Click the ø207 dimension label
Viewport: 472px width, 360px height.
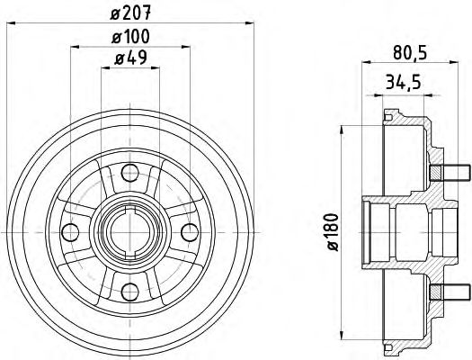130,13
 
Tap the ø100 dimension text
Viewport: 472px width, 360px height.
130,37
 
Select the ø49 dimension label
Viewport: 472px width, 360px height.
130,58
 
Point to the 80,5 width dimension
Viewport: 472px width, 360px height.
410,53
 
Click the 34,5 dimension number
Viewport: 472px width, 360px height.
403,83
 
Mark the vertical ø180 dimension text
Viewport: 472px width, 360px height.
333,232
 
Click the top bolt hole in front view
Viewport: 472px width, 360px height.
130,173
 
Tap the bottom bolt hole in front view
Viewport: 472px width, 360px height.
130,292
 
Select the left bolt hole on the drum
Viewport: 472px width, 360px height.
70,232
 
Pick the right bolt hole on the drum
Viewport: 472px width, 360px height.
190,232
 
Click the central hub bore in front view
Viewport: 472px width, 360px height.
130,232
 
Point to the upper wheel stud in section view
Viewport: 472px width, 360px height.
450,173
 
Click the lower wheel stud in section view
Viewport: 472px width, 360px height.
450,292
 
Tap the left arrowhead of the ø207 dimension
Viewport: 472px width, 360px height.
11,23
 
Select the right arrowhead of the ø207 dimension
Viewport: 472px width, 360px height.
250,23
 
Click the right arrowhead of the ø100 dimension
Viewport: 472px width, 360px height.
186,47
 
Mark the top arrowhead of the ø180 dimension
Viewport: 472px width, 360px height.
342,130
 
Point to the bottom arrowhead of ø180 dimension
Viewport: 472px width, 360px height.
342,335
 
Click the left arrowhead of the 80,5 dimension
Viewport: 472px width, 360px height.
366,62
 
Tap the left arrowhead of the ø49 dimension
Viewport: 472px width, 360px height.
105,68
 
